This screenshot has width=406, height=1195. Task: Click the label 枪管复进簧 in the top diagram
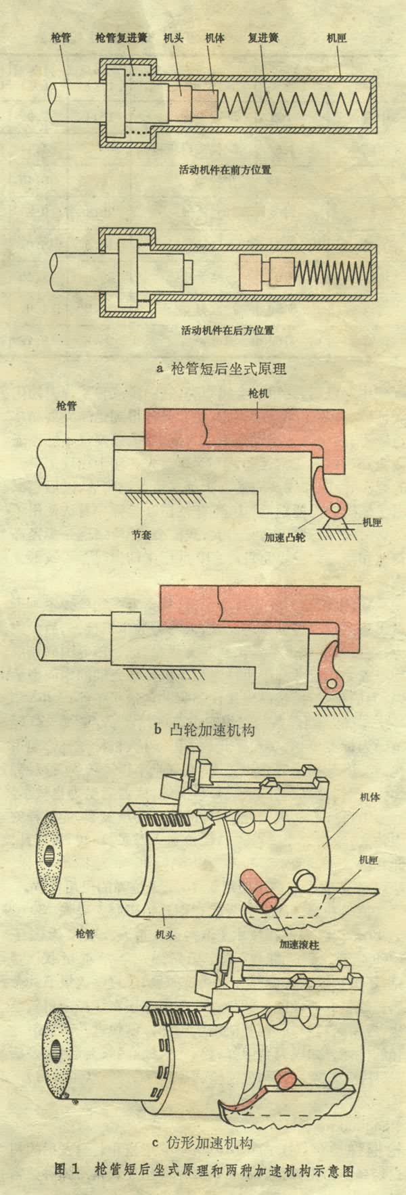[x=122, y=39]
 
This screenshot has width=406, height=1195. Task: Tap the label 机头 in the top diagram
[x=172, y=39]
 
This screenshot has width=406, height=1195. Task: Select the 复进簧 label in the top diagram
[x=261, y=39]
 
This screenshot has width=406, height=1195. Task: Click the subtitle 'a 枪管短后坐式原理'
[x=221, y=369]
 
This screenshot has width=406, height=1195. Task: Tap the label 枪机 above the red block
[x=258, y=393]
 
